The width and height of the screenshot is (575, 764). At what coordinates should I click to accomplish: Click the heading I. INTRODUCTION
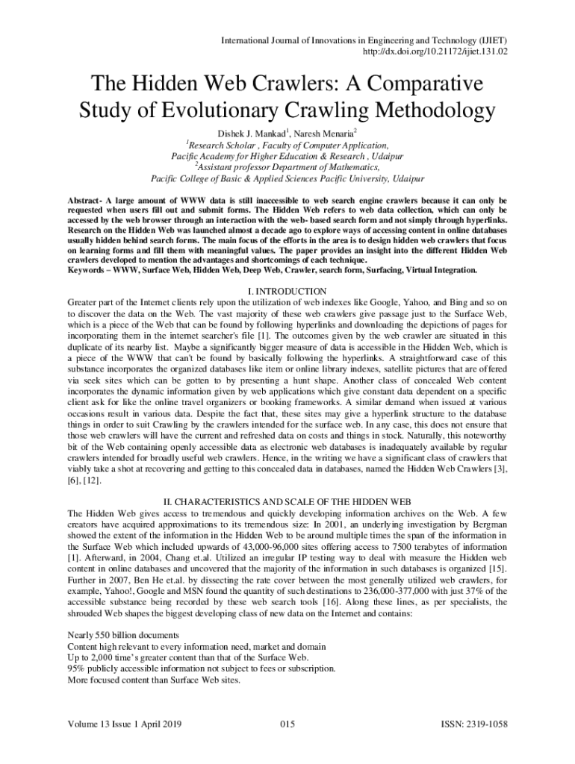[287, 290]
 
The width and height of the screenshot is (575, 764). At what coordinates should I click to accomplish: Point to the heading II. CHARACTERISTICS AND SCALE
[287, 501]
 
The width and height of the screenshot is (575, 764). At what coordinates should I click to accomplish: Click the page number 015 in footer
[287, 724]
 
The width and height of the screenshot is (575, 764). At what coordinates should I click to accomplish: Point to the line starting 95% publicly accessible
[201, 668]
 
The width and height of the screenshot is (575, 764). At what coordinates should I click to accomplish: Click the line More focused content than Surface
[154, 680]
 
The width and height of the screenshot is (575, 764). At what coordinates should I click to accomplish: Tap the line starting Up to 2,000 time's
[187, 657]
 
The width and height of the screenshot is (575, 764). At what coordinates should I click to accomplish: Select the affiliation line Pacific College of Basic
[287, 179]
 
